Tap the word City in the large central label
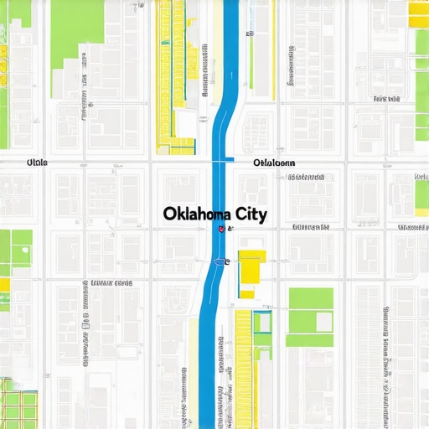pyautogui.click(x=248, y=214)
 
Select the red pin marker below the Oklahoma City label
pyautogui.click(x=220, y=228)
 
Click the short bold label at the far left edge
pyautogui.click(x=37, y=162)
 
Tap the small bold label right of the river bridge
pyautogui.click(x=274, y=162)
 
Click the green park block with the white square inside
pyautogui.click(x=310, y=317)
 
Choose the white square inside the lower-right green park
pyautogui.click(x=311, y=323)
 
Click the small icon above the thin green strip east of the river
pyautogui.click(x=249, y=34)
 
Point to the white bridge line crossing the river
pyautogui.click(x=222, y=160)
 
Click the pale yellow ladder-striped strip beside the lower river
pyautogui.click(x=243, y=369)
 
